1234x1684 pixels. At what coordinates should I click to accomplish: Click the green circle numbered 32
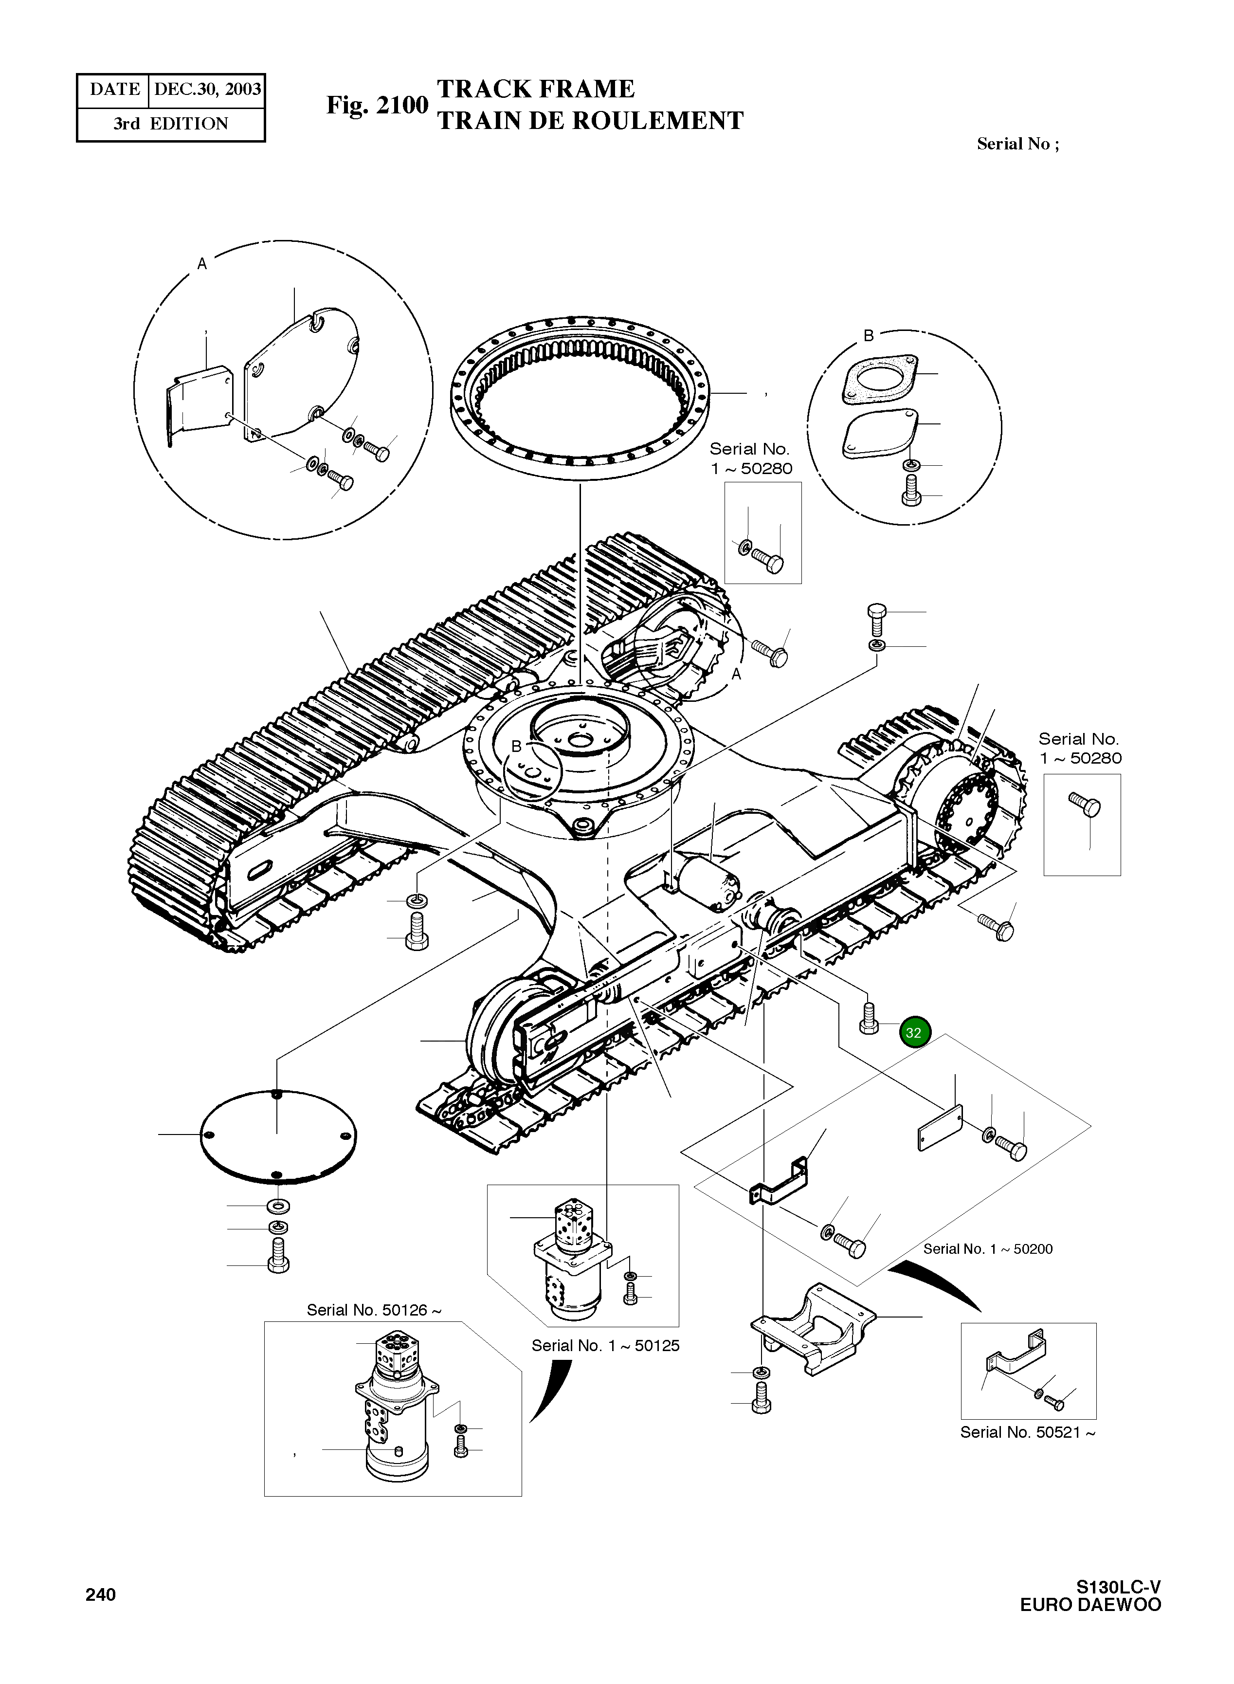click(913, 1032)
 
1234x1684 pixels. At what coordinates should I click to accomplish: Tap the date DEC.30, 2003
click(207, 90)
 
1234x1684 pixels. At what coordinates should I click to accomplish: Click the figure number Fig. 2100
click(377, 105)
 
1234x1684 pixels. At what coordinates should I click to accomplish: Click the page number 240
click(100, 1594)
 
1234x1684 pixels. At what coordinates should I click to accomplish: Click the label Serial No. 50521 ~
click(1027, 1432)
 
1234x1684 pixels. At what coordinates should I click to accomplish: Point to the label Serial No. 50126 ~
click(374, 1310)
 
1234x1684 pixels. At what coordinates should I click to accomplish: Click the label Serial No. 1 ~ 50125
click(605, 1346)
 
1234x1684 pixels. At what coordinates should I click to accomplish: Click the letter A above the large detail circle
click(201, 263)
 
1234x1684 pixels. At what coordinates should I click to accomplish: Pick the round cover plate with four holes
click(278, 1135)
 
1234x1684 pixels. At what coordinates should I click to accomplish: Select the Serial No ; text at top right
click(1017, 144)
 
